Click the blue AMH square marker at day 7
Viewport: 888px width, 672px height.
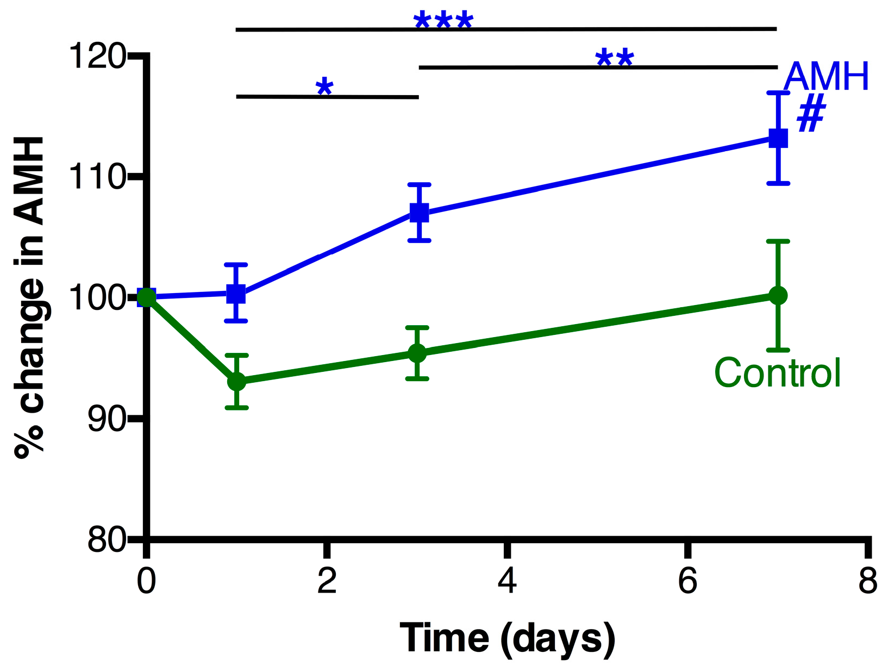778,138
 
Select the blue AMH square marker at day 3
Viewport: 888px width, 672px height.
419,213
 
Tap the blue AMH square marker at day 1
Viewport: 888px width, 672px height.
236,294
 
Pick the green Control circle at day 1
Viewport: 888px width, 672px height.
236,382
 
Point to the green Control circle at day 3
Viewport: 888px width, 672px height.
417,354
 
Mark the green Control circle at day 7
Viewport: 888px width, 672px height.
778,295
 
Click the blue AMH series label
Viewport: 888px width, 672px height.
826,77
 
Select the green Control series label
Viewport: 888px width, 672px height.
778,373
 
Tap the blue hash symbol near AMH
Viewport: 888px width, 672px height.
811,114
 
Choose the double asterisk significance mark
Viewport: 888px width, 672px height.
615,59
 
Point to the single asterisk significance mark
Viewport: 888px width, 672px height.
324,87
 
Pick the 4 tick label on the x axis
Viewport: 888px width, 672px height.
506,581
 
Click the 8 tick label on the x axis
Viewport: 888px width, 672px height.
868,581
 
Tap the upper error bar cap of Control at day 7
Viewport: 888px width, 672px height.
778,241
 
